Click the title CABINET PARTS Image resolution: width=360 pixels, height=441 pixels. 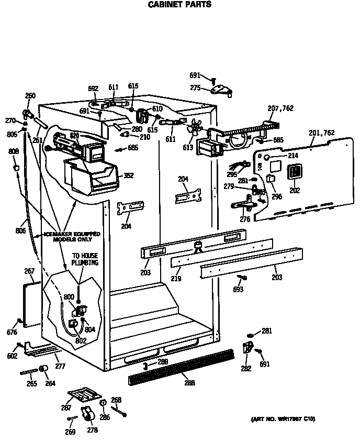pyautogui.click(x=179, y=5)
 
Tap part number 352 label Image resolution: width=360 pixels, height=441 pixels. pyautogui.click(x=128, y=175)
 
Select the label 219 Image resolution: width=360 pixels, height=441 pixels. pyautogui.click(x=176, y=279)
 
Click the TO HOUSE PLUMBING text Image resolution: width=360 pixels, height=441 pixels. pyautogui.click(x=85, y=260)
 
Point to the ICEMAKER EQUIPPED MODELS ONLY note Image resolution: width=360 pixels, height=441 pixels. pyautogui.click(x=72, y=237)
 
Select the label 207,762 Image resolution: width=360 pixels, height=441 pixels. pyautogui.click(x=280, y=108)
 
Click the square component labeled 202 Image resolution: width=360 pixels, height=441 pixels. pyautogui.click(x=295, y=173)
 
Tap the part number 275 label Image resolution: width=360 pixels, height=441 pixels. pyautogui.click(x=196, y=88)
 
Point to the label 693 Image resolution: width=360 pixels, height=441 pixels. pyautogui.click(x=239, y=289)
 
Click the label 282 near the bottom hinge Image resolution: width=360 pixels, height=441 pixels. pyautogui.click(x=245, y=368)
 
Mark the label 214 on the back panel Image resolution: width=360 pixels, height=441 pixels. pyautogui.click(x=292, y=156)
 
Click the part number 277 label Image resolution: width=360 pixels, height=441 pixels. pyautogui.click(x=60, y=366)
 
